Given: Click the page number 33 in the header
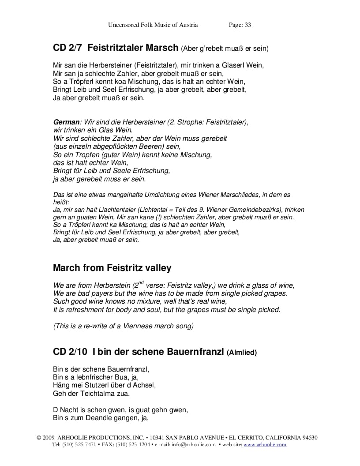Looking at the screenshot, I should click(247, 25).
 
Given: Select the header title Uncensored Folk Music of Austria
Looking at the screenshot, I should click(153, 25).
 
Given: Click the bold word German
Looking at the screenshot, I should click(66, 122).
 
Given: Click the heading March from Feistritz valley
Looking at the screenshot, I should click(112, 268).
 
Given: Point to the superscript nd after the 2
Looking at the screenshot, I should click(141, 283).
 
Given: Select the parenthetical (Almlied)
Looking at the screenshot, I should click(241, 352).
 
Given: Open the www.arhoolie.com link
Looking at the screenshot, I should click(265, 444).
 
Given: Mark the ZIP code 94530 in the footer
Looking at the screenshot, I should click(308, 438).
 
